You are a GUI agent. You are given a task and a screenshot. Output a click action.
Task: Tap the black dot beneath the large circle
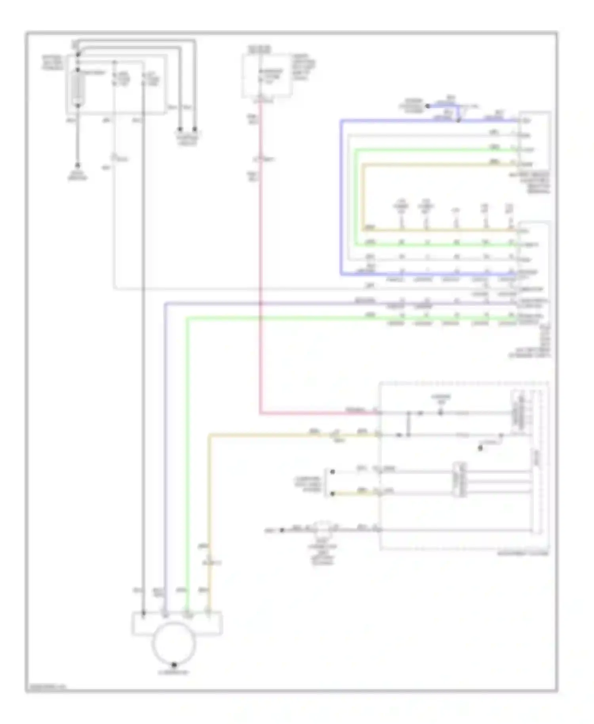pos(173,665)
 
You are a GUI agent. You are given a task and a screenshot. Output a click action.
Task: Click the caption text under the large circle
pos(173,672)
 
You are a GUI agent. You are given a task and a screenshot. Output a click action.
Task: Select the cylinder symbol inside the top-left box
pos(78,89)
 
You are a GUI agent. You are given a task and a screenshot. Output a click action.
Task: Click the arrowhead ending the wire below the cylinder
pos(78,165)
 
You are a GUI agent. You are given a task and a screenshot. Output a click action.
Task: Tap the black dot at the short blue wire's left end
pos(427,106)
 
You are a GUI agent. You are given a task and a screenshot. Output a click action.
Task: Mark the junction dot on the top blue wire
pos(459,120)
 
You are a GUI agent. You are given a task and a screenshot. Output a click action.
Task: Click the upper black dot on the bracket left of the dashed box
pos(333,472)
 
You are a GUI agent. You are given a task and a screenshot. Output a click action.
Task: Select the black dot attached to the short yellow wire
pos(333,493)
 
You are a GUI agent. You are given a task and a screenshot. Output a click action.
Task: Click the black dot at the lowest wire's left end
pos(282,530)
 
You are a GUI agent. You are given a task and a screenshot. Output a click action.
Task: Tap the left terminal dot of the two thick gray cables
pos(180,130)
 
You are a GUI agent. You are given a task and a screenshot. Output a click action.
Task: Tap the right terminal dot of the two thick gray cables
pos(195,130)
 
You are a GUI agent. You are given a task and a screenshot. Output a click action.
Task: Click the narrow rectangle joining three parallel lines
pos(459,479)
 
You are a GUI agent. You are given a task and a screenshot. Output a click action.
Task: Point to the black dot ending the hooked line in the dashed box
pos(480,448)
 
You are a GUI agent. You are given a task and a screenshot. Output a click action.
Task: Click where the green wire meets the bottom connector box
pos(188,613)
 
